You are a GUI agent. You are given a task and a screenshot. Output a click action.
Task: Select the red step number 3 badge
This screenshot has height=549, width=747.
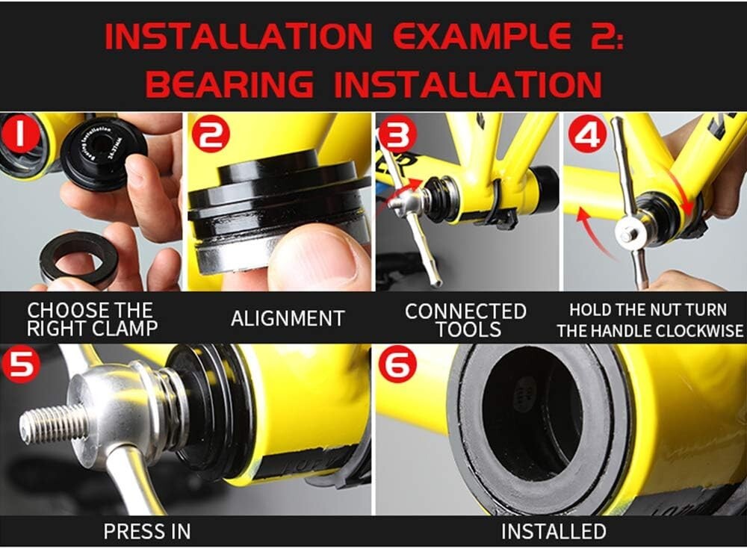pyautogui.click(x=394, y=135)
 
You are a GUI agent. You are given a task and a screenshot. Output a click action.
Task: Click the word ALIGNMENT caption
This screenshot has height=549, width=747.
pyautogui.click(x=288, y=318)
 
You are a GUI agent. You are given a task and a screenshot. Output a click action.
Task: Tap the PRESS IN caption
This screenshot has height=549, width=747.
pyautogui.click(x=147, y=531)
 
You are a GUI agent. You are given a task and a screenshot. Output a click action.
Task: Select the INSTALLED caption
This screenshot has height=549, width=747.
pyautogui.click(x=554, y=531)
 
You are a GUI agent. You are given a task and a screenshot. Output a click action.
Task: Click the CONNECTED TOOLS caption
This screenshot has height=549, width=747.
pyautogui.click(x=465, y=319)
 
